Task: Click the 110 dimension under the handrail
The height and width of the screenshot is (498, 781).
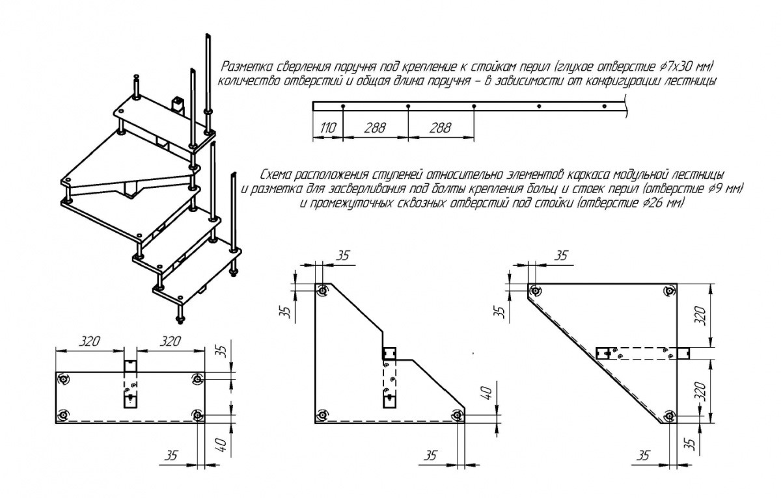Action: tap(327, 128)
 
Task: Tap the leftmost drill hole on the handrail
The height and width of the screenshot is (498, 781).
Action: tap(342, 106)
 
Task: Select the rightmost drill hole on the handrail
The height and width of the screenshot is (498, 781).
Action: tap(605, 106)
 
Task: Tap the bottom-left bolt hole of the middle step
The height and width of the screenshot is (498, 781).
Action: tap(322, 415)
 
